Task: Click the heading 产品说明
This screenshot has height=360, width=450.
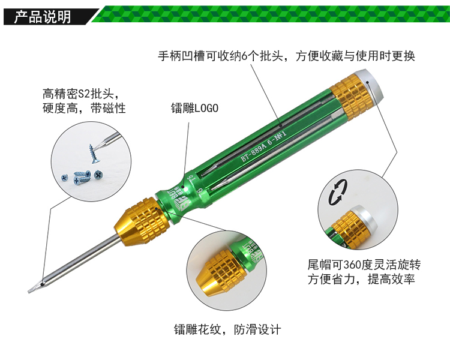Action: tap(43, 17)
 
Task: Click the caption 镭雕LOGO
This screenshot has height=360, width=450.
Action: tap(194, 108)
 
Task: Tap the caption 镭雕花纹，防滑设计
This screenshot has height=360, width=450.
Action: tap(227, 329)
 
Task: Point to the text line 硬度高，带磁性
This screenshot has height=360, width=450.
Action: tap(84, 108)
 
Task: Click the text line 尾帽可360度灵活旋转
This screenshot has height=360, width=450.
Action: tap(364, 265)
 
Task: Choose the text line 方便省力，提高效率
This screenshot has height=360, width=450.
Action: tap(361, 279)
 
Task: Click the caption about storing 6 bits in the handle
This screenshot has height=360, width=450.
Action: tap(286, 56)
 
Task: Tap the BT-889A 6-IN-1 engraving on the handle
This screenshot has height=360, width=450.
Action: tap(263, 146)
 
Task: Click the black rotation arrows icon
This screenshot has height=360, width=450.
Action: tap(338, 193)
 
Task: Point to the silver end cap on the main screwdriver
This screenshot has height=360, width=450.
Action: tap(370, 84)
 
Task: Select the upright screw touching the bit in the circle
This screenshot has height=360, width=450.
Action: tap(92, 154)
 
